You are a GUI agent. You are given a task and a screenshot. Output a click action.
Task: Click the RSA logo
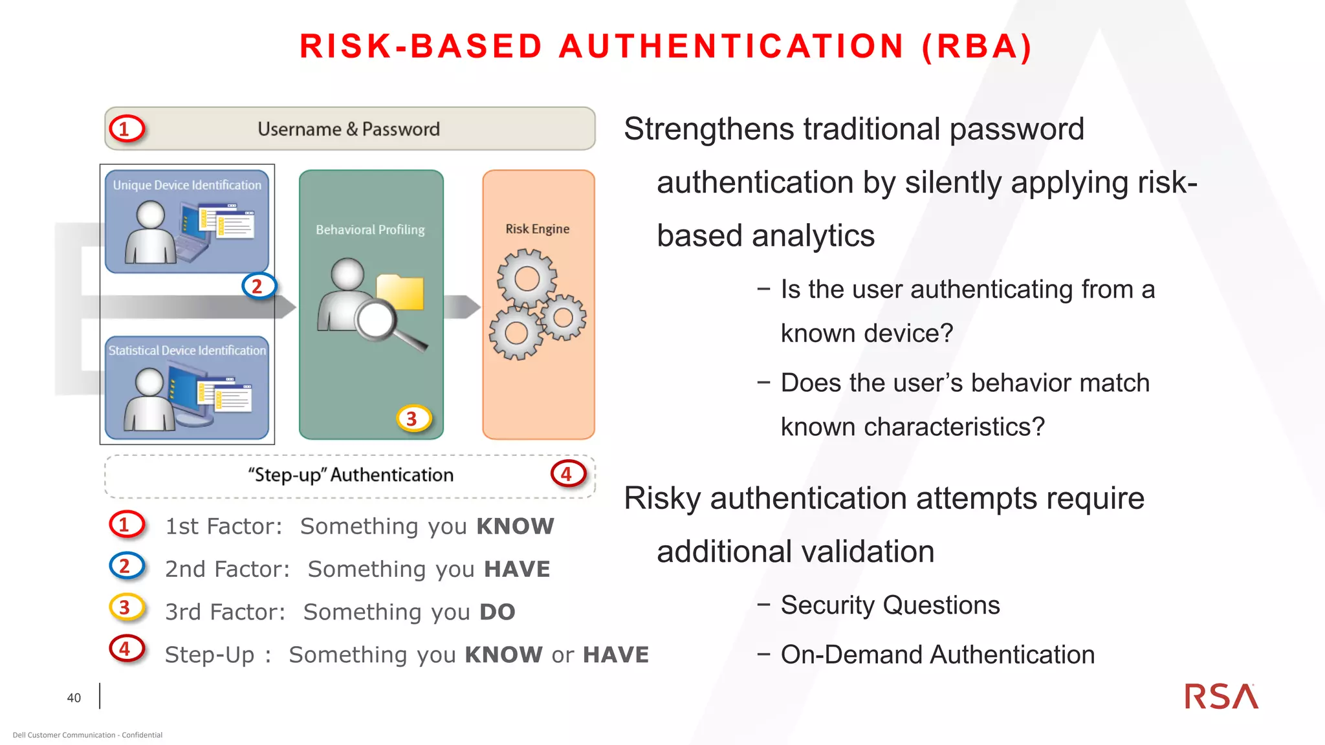[x=1221, y=696]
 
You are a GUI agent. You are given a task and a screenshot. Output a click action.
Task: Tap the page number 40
[x=74, y=698]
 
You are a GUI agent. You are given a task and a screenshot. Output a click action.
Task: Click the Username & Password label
[x=349, y=129]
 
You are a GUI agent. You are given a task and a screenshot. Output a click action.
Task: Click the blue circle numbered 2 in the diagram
[x=258, y=286]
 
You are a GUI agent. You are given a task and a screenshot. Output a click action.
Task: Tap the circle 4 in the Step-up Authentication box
[x=567, y=474]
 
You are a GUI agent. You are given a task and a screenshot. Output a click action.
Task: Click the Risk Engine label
[x=537, y=229]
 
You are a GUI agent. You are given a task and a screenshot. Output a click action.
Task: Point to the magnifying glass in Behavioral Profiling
[x=382, y=323]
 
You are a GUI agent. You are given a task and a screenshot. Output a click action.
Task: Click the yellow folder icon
[x=401, y=292]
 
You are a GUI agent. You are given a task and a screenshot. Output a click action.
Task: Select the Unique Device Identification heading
[x=187, y=185]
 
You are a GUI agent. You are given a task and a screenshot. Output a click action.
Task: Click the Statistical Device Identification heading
[x=187, y=351]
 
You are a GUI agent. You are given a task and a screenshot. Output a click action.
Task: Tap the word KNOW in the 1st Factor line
[x=515, y=526]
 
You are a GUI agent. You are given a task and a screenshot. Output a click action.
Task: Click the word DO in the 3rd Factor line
[x=497, y=612]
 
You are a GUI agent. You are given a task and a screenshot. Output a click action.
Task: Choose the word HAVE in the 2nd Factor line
[x=517, y=569]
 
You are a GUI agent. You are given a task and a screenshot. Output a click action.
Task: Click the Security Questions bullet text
[x=890, y=605]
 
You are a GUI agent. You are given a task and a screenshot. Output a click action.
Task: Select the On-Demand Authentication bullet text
[x=937, y=654]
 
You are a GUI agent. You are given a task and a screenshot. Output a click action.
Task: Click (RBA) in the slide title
[x=977, y=47]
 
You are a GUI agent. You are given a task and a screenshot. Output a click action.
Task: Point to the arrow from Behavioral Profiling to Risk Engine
[x=462, y=307]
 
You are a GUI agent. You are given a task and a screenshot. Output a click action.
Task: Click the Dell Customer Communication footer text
[x=87, y=735]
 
